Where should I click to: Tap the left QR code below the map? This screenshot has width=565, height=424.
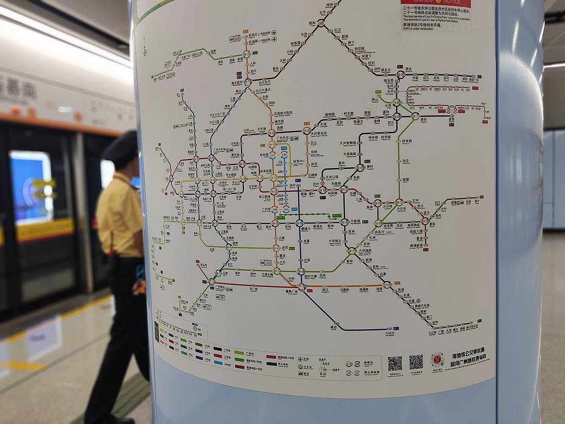pos(395,363)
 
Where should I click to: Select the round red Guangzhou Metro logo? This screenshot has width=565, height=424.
pos(438,360)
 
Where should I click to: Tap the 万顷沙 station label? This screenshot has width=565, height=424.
pos(390,333)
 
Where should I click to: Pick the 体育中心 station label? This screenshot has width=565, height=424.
pos(299,161)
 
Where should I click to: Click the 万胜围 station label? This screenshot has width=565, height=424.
pos(355,221)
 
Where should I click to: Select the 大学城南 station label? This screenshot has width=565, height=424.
pos(365,250)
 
